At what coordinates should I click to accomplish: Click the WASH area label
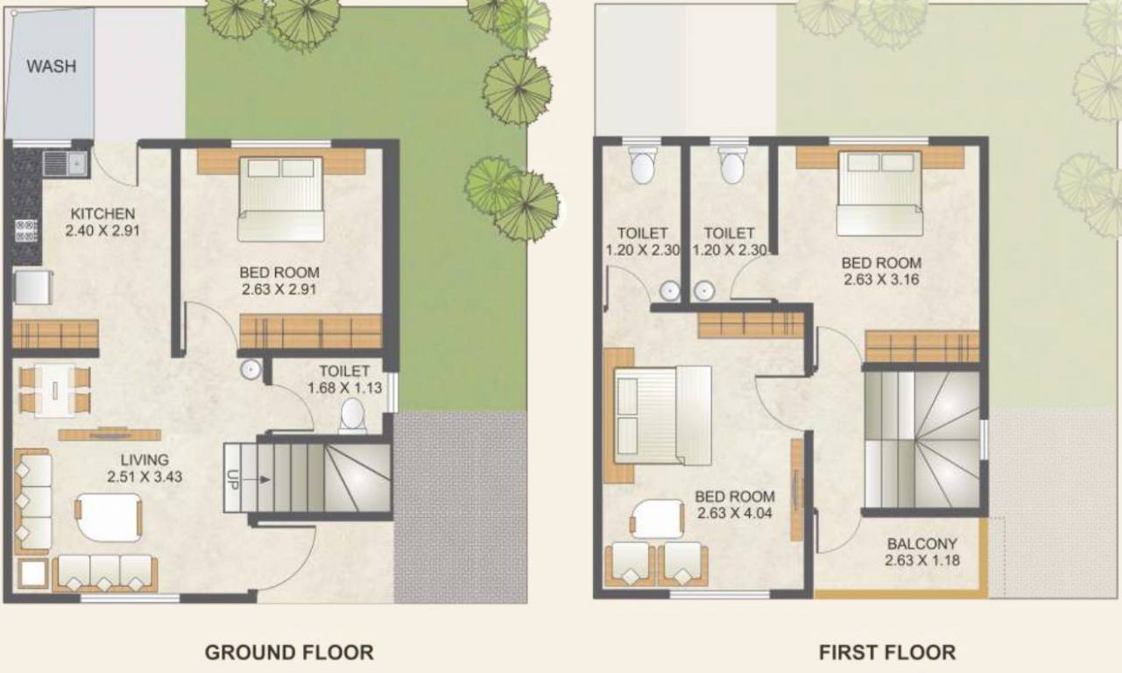click(51, 66)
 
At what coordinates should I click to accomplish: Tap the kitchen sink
click(64, 162)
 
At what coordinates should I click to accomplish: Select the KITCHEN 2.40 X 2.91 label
click(102, 223)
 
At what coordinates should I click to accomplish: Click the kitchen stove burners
click(26, 230)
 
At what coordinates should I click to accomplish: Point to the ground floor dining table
click(55, 390)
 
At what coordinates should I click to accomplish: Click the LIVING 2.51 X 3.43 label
click(145, 469)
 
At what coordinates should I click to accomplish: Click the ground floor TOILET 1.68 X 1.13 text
click(344, 379)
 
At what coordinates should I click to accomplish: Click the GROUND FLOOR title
click(289, 653)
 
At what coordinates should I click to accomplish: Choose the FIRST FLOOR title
click(886, 653)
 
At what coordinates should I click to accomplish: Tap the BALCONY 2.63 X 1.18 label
click(921, 551)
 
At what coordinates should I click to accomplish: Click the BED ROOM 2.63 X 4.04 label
click(734, 505)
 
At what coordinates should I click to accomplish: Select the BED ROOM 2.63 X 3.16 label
click(881, 271)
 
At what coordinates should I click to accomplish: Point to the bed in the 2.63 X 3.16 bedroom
click(879, 193)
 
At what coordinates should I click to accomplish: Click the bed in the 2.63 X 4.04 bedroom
click(662, 415)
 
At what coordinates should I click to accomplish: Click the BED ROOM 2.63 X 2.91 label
click(279, 280)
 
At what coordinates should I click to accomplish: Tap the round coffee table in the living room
click(109, 518)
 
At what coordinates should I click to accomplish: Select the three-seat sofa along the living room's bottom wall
click(105, 572)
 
